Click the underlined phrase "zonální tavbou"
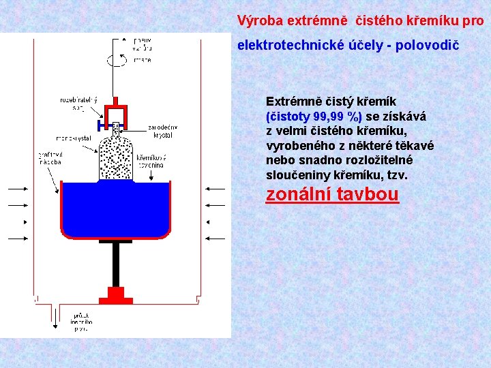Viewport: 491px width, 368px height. coord(332,194)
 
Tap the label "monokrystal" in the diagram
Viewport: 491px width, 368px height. coord(74,138)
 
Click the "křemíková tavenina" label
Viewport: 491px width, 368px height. coord(151,160)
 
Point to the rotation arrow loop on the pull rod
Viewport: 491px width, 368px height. coord(116,59)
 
